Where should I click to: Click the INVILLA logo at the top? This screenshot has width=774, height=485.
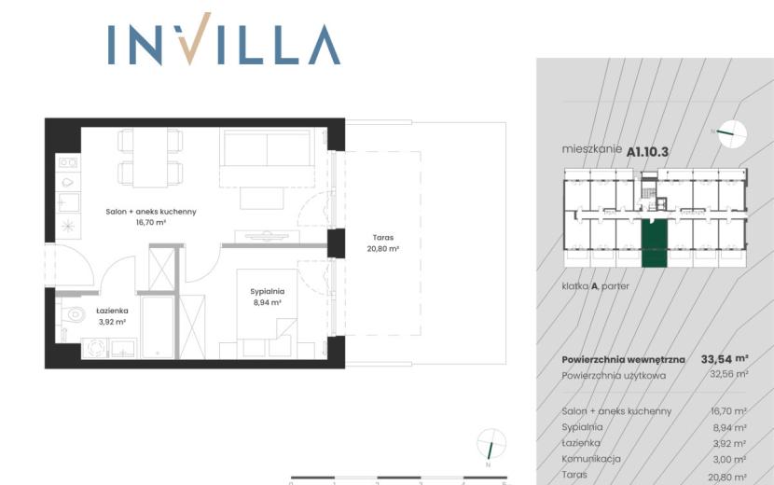click(x=224, y=39)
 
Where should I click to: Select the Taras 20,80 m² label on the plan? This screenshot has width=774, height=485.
click(x=383, y=243)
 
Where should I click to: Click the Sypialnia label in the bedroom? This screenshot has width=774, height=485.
click(x=267, y=291)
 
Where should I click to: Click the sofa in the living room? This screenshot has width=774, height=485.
click(x=267, y=158)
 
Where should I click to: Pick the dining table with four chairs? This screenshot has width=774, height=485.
click(x=150, y=158)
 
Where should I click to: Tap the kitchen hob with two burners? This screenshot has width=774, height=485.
click(x=68, y=162)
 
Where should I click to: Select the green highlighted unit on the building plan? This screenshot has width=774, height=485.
click(x=654, y=243)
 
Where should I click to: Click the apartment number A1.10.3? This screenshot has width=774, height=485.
click(x=647, y=152)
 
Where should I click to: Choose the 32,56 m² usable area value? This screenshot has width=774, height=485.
click(x=728, y=374)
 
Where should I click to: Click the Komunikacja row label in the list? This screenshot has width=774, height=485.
click(x=591, y=459)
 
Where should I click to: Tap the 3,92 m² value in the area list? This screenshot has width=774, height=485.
click(x=729, y=444)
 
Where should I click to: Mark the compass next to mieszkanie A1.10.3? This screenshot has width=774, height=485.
click(x=732, y=134)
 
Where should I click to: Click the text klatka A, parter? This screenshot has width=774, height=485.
click(x=595, y=286)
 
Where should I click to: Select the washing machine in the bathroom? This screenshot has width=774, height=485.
click(x=94, y=348)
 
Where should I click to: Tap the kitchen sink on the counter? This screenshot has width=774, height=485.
click(x=68, y=202)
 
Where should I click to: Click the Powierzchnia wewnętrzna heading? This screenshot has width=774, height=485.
click(x=623, y=359)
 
